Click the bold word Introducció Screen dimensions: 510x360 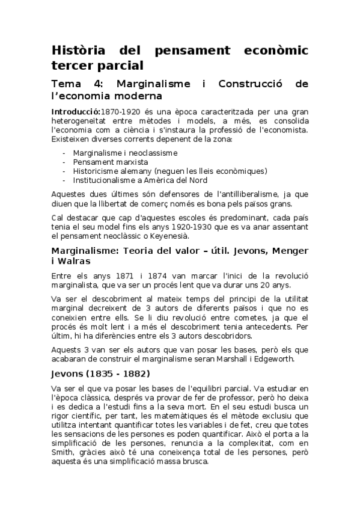75,112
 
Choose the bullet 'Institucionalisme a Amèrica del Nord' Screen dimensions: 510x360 141,180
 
